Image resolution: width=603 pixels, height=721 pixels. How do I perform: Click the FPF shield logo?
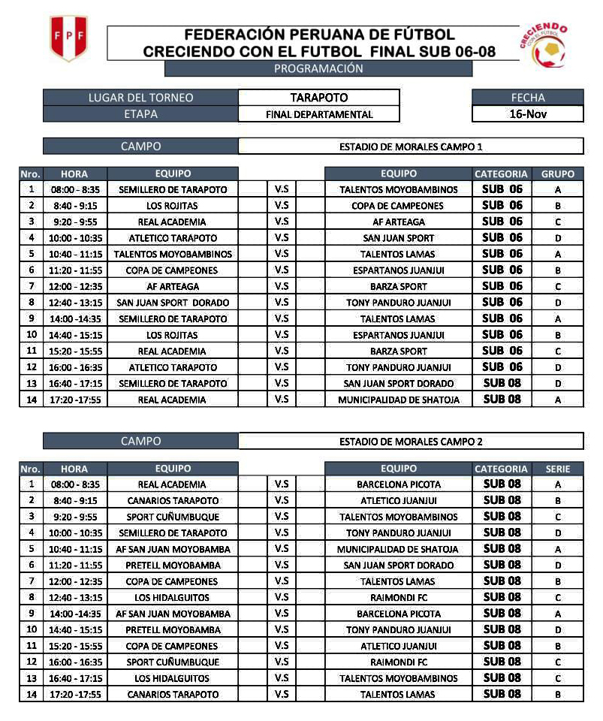(68, 38)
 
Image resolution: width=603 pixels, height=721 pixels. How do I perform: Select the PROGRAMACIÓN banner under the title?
(318, 69)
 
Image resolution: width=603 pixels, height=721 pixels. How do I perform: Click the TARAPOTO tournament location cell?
(318, 98)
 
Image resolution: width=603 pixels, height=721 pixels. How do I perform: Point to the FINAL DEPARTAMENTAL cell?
(318, 114)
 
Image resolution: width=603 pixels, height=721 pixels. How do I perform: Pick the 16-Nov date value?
(527, 114)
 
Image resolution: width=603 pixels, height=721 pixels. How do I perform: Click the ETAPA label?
(140, 114)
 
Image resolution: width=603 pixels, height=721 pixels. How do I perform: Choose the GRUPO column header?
(557, 173)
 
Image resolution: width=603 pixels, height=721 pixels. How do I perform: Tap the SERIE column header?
(557, 469)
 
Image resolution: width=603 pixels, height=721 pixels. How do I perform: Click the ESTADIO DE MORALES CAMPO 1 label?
(411, 146)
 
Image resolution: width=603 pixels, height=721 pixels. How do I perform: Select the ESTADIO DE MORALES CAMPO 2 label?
(411, 442)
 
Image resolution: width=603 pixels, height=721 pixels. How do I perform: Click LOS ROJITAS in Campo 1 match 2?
(173, 206)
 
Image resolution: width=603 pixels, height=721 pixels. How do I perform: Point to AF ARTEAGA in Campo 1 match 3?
(398, 222)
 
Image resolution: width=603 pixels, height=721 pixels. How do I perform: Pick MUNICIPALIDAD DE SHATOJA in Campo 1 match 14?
(398, 400)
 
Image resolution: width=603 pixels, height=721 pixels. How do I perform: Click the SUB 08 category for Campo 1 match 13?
(502, 383)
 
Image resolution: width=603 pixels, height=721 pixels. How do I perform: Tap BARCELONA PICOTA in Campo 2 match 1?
(398, 484)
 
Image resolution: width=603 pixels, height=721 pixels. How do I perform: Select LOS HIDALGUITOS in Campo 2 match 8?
(173, 598)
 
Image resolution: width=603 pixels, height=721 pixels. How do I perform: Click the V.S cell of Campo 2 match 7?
(282, 581)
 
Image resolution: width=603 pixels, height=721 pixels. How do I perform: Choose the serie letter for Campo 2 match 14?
(557, 695)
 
